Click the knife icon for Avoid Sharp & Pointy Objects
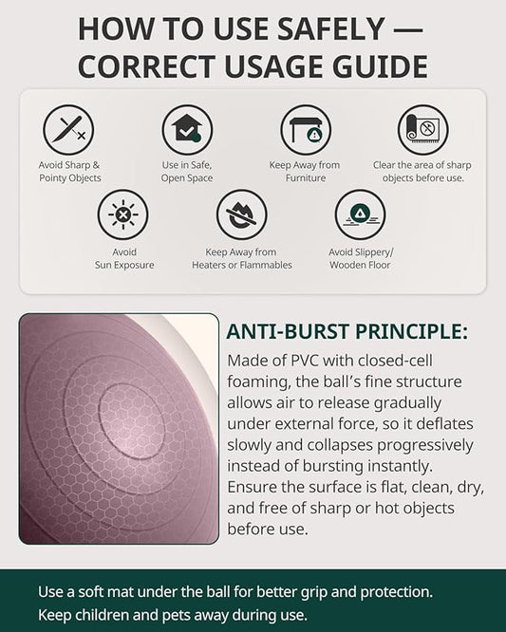[x=68, y=130]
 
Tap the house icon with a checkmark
[x=187, y=130]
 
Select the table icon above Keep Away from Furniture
[x=306, y=130]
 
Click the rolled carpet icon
[x=423, y=130]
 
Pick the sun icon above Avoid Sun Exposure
[x=123, y=214]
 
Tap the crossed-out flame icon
[x=241, y=214]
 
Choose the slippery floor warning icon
[x=360, y=214]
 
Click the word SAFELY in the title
[x=328, y=29]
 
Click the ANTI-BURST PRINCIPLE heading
[x=347, y=332]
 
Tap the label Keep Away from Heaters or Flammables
[x=241, y=258]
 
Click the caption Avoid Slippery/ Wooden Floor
[x=361, y=258]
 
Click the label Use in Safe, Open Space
[x=187, y=172]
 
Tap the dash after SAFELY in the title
[x=407, y=29]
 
